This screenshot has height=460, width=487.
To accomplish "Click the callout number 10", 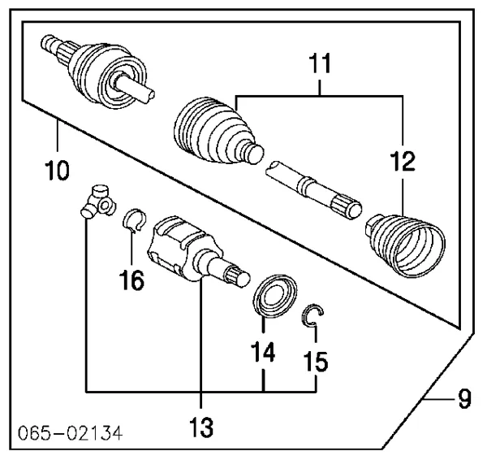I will pos(57,171).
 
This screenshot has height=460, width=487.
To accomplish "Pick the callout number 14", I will pos(263,352).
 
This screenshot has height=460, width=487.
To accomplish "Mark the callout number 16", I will pos(132,281).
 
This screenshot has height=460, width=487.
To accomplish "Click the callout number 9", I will pos(460,399).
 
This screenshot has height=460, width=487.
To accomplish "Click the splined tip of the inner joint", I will pos(239,276).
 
